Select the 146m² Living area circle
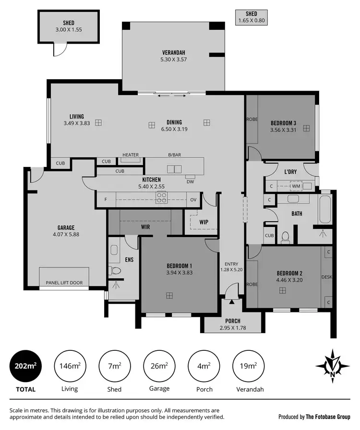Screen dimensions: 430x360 [x=70, y=366]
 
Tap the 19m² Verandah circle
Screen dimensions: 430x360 [x=248, y=366]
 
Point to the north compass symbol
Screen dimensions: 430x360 [x=332, y=366]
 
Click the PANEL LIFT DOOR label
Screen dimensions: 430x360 [x=64, y=283]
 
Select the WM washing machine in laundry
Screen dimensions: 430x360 [x=296, y=185]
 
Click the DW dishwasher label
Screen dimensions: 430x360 [x=190, y=181]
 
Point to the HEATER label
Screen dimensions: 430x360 [x=130, y=155]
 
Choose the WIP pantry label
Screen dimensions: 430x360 [x=203, y=222]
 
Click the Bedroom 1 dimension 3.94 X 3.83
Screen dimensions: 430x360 [x=179, y=273]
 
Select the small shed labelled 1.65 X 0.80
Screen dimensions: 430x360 [x=251, y=17]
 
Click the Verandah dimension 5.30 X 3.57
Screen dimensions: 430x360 [x=173, y=60]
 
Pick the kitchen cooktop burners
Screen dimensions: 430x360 [x=161, y=198]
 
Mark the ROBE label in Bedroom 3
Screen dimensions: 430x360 [x=252, y=119]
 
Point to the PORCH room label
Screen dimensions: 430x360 [x=233, y=321]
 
